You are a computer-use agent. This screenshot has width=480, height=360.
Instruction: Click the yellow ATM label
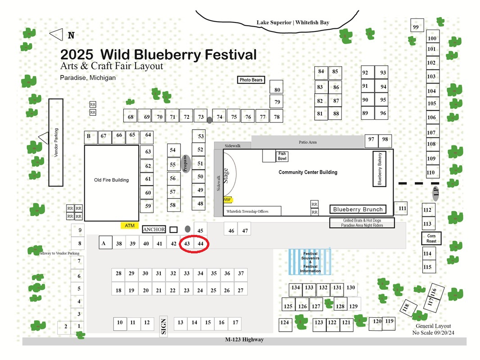[130, 225]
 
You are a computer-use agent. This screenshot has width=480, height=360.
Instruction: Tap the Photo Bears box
[251, 80]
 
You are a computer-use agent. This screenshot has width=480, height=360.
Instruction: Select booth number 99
[417, 25]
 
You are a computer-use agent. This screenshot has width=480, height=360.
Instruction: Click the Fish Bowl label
[282, 156]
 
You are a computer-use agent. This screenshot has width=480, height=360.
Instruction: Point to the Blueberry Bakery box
[379, 169]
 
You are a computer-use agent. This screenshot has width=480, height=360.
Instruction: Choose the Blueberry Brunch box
[358, 209]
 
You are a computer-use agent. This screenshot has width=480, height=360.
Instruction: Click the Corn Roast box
[431, 238]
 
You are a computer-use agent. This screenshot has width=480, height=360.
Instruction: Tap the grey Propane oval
[186, 164]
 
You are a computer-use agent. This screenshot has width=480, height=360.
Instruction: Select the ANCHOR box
[154, 229]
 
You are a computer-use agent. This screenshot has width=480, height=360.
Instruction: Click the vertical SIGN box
[163, 326]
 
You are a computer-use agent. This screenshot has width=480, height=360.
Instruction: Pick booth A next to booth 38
[105, 243]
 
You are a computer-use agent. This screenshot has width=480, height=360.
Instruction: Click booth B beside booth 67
[91, 138]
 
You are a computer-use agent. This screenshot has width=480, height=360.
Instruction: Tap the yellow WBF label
[227, 200]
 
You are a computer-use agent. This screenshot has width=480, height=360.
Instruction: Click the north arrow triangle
[56, 35]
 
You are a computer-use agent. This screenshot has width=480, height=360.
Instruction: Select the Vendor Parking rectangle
[56, 143]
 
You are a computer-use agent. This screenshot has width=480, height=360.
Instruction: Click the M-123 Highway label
[245, 339]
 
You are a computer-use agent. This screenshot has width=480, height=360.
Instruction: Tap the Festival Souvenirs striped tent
[310, 262]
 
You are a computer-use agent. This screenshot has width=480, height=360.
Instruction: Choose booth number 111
[401, 209]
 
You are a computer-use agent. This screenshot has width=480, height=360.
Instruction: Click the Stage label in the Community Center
[226, 175]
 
